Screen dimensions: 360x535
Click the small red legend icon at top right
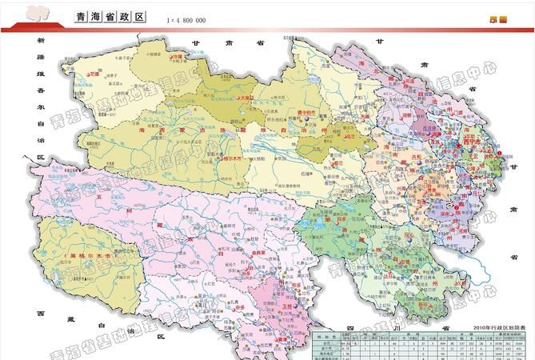(x=498, y=19)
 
